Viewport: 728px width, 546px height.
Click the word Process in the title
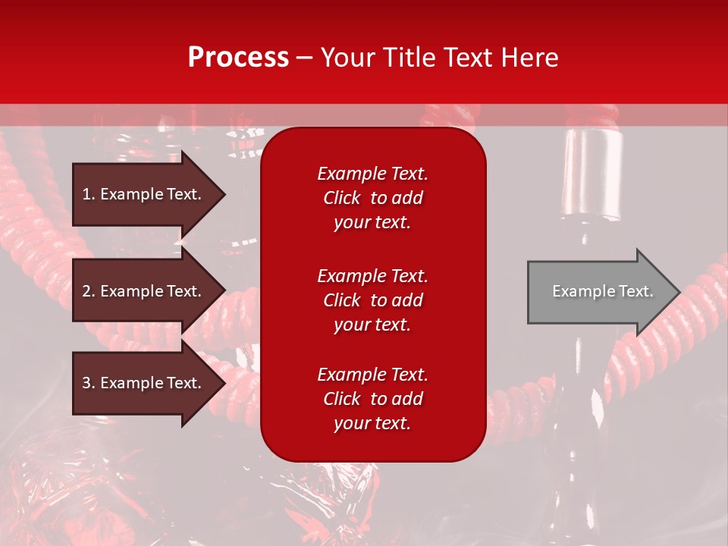tap(238, 58)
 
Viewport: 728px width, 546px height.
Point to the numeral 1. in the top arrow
tap(89, 194)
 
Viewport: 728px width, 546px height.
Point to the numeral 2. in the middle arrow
tap(89, 291)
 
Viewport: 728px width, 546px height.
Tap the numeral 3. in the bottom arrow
tap(89, 383)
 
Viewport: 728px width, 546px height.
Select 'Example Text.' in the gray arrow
tap(603, 292)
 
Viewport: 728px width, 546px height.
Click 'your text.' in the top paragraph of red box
tap(372, 223)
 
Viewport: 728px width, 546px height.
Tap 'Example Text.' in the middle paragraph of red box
tap(372, 276)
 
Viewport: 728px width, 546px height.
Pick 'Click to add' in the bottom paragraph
tap(372, 399)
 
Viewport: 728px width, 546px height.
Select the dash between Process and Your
tap(304, 58)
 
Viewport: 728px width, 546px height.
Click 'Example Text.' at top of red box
tap(372, 174)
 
